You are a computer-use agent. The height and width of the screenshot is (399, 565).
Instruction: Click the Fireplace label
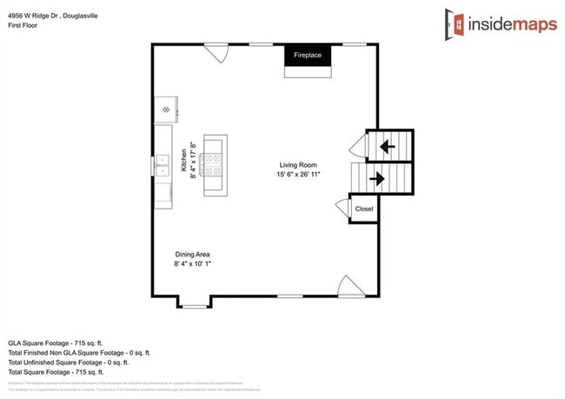[x=308, y=56]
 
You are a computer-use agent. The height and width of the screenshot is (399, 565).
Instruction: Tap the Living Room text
[x=298, y=165]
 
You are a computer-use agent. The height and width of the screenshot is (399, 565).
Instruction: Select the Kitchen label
[x=184, y=161]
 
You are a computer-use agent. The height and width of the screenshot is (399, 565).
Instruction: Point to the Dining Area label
[x=191, y=254]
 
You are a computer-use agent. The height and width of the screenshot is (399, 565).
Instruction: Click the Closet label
[x=363, y=209]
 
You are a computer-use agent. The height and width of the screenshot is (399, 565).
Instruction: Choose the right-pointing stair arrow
[x=378, y=179]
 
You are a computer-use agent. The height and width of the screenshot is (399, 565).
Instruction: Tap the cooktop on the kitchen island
[x=213, y=163]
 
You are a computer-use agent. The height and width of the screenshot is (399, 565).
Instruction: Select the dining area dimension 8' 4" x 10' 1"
[x=192, y=263]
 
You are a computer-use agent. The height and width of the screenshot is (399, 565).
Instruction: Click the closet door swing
[x=342, y=206]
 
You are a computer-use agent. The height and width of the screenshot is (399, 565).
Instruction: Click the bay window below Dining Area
[x=194, y=303]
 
